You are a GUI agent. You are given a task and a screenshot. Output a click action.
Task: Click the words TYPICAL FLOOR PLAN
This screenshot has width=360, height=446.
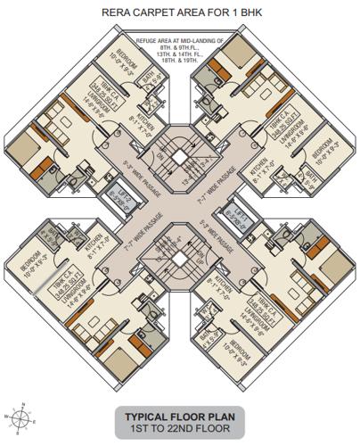181,417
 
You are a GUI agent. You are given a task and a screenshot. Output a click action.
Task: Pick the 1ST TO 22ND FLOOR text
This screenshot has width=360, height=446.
181,431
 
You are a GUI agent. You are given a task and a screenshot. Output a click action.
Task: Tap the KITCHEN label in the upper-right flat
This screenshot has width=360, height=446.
263,166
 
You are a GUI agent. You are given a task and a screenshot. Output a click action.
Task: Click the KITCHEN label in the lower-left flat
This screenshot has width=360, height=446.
99,238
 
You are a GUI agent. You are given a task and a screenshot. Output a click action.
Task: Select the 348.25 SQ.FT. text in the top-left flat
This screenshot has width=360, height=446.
93,89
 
